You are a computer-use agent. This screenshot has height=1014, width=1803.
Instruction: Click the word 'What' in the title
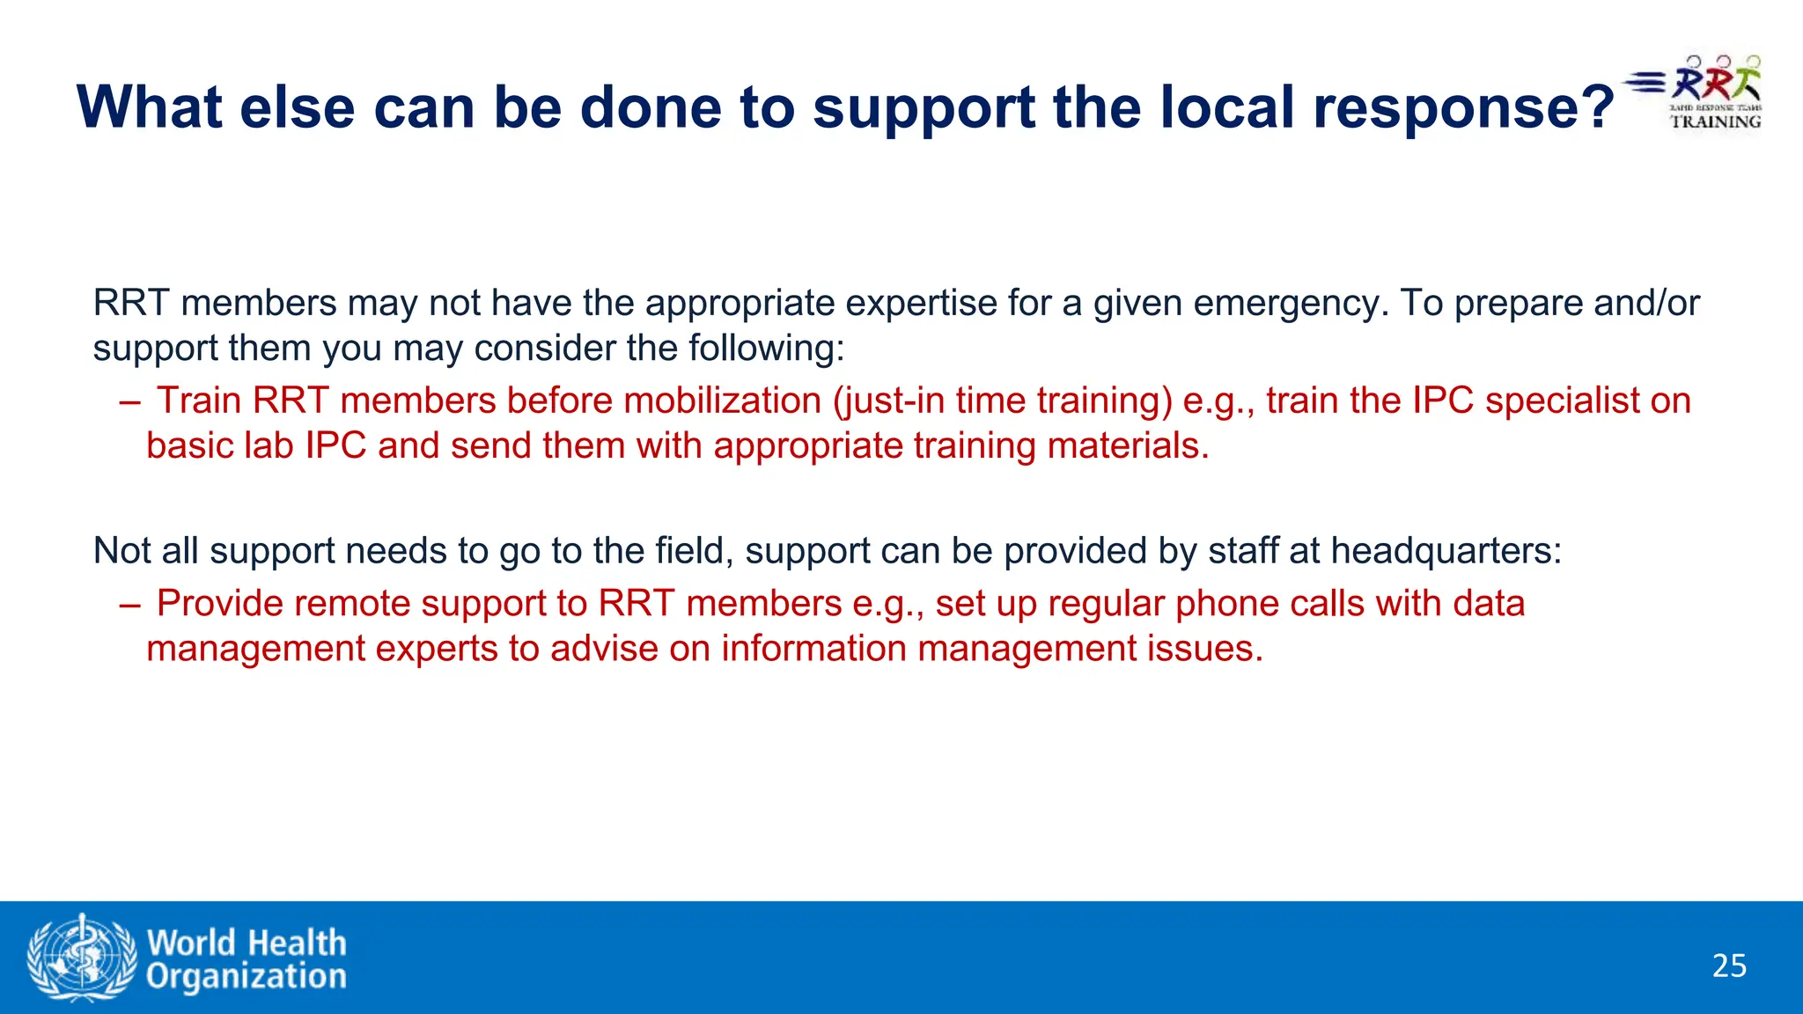click(x=150, y=107)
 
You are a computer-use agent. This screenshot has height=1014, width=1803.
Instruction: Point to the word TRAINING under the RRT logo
click(x=1716, y=121)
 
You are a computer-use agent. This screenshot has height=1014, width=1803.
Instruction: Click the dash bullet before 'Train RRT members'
click(x=129, y=402)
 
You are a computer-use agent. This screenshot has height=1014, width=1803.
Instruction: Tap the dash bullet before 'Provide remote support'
click(x=129, y=605)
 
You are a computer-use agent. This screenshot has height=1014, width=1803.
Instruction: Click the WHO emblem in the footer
click(x=82, y=958)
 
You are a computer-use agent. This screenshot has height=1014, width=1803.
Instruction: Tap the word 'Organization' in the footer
click(x=247, y=977)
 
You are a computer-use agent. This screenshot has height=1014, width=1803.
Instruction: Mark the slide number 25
click(x=1729, y=966)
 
